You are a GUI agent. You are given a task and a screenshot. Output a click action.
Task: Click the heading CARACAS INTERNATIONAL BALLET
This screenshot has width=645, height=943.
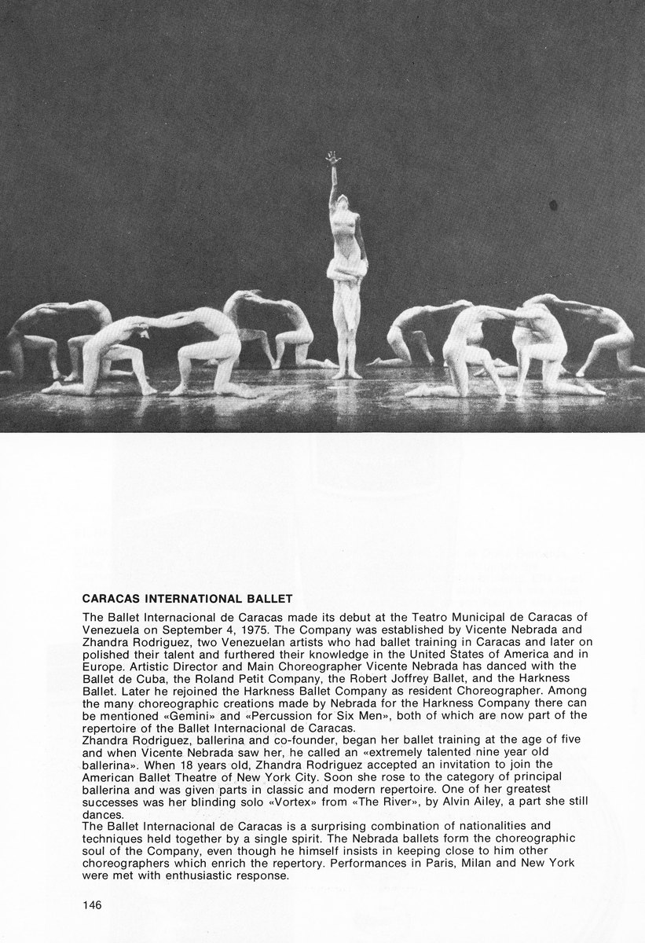click(189, 597)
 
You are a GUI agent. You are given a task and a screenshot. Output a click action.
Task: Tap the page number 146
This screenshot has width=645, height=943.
click(91, 904)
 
